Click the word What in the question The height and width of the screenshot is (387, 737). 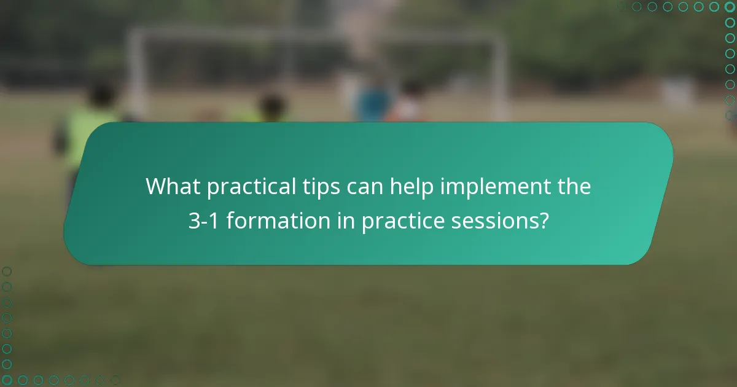173,186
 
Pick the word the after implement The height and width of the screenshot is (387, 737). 575,186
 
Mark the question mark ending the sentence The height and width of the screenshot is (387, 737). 543,221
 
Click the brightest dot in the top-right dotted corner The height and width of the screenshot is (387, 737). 730,7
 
